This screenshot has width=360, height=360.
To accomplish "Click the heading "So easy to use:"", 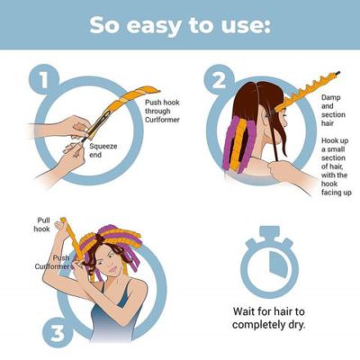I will pos(179,24).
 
